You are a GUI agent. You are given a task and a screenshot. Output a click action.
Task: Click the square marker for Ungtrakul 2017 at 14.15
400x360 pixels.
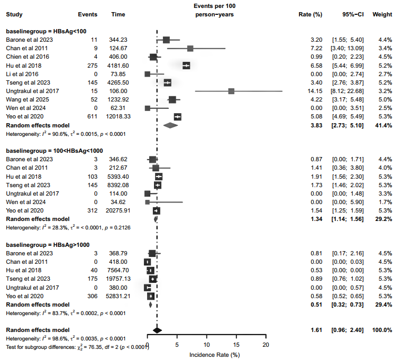pyautogui.click(x=231, y=91)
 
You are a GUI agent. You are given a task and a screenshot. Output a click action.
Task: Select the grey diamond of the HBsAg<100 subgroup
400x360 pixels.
pyautogui.click(x=170, y=125)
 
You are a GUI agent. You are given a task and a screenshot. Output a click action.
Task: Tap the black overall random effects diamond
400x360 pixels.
pyautogui.click(x=157, y=330)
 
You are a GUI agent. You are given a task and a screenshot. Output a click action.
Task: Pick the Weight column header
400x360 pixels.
pyautogui.click(x=382, y=14)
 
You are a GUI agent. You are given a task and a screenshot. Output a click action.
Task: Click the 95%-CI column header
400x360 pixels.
pyautogui.click(x=351, y=14)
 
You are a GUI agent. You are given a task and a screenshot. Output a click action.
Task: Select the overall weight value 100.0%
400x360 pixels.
pyautogui.click(x=381, y=330)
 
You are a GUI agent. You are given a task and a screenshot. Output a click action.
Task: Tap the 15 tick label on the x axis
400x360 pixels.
pyautogui.click(x=236, y=345)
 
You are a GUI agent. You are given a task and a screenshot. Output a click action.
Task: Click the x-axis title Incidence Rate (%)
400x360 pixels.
pyautogui.click(x=214, y=354)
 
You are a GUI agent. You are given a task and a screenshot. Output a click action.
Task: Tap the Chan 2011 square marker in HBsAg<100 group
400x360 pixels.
pyautogui.click(x=190, y=48)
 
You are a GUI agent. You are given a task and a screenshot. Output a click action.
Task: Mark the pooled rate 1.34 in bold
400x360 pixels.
pyautogui.click(x=316, y=219)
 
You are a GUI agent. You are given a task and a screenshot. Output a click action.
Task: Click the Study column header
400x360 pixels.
pyautogui.click(x=14, y=14)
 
